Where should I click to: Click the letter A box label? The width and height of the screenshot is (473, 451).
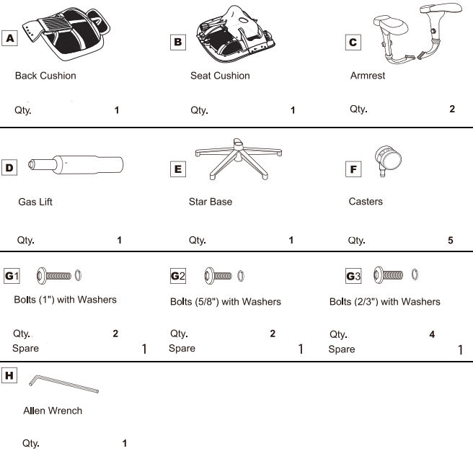(9, 38)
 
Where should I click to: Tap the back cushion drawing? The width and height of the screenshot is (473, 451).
(66, 32)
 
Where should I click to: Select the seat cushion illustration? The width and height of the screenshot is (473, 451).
(235, 34)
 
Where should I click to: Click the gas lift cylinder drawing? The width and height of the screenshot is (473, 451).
(76, 164)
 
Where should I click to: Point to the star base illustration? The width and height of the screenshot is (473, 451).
(239, 159)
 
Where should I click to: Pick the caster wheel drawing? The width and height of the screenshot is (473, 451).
(388, 161)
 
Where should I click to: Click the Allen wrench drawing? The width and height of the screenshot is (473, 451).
(63, 384)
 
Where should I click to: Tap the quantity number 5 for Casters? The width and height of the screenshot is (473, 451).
(451, 241)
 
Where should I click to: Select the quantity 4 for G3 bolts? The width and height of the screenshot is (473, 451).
(432, 334)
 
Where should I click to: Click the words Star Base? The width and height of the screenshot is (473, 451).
(211, 202)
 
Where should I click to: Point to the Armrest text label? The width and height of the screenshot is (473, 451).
(368, 76)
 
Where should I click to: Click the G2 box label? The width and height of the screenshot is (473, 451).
(178, 276)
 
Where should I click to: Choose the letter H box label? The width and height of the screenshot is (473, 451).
(9, 375)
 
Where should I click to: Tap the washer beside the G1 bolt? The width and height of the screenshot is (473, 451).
(78, 275)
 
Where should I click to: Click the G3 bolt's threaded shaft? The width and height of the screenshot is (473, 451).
(393, 275)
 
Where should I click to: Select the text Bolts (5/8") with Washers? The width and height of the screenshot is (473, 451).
(226, 302)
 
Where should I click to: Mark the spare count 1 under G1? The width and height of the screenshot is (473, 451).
(144, 349)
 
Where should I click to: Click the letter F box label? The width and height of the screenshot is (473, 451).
(353, 169)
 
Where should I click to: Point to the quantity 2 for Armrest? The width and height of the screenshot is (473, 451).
(452, 109)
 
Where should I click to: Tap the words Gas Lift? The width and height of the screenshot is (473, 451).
(35, 202)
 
